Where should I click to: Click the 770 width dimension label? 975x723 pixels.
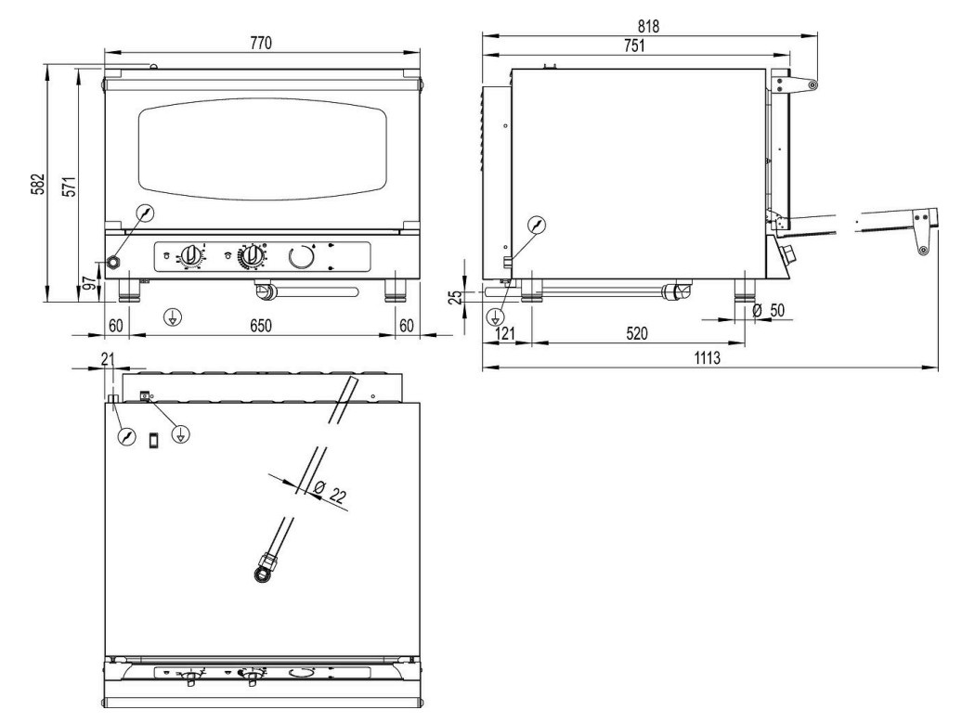click(261, 43)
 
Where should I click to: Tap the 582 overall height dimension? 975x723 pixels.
click(39, 184)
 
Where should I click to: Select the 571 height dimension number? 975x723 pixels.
click(69, 187)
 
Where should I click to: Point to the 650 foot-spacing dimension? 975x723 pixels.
click(261, 326)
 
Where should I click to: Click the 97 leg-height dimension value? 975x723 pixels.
click(91, 283)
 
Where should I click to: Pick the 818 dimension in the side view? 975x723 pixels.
click(648, 26)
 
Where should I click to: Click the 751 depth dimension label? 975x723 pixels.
click(634, 45)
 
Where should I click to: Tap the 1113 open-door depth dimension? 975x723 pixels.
click(708, 358)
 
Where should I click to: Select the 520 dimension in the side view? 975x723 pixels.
click(637, 333)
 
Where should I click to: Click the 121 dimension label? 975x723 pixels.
click(505, 333)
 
